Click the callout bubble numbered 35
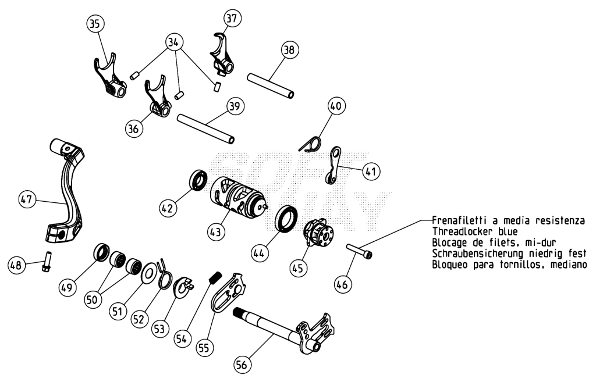(x=95, y=23)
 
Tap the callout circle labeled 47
(x=27, y=199)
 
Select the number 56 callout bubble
(x=242, y=365)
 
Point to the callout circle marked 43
(x=215, y=231)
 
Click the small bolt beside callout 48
(x=47, y=261)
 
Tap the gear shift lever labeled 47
(x=66, y=191)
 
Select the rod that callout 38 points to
(x=271, y=86)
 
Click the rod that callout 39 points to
(x=205, y=129)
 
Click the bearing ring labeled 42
(x=198, y=180)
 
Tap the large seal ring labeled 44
(x=286, y=218)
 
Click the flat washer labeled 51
(x=148, y=273)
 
